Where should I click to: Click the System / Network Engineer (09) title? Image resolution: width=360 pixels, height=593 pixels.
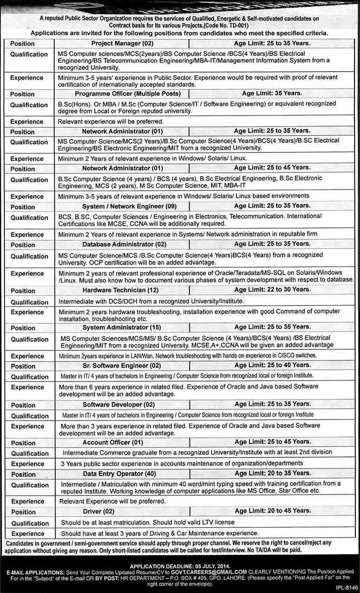(123, 206)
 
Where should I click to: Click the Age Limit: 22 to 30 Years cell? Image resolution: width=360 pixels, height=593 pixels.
(272, 290)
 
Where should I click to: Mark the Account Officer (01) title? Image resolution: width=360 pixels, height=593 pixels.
(113, 442)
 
